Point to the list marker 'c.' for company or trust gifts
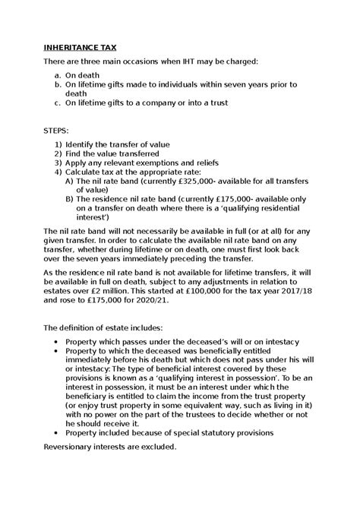pos(61,103)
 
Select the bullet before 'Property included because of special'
pos(59,432)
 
